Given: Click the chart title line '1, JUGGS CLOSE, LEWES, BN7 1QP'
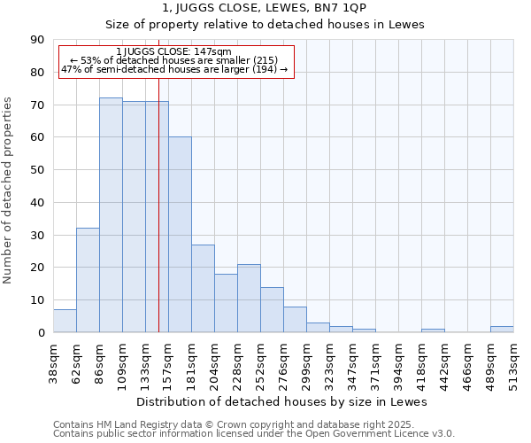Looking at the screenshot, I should (265, 8).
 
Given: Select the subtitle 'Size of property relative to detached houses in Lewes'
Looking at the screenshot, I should (265, 24).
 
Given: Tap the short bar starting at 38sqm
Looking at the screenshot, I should (65, 321).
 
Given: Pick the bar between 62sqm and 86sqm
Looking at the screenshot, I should (88, 280).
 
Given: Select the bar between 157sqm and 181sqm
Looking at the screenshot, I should (180, 235).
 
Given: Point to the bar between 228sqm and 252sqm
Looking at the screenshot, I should (249, 299).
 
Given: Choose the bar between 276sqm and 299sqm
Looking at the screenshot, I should (295, 320).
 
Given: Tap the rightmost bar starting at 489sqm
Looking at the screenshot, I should (502, 329).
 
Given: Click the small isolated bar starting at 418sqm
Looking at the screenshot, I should (433, 330).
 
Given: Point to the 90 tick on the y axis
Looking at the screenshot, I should (37, 40).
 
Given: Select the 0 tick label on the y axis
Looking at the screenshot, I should (41, 332).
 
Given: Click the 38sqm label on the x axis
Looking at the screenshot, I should (53, 361).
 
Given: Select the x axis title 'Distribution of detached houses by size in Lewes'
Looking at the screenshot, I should (282, 402).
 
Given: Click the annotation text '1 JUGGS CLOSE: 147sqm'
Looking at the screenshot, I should (173, 51).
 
